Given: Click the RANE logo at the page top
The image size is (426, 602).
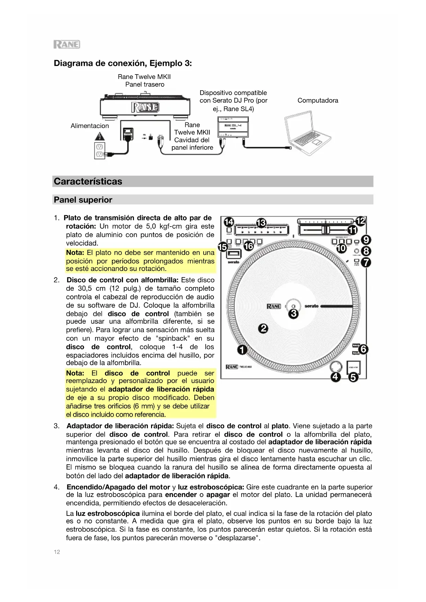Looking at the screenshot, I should point(67,44).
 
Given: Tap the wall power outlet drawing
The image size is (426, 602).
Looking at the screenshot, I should point(99,150).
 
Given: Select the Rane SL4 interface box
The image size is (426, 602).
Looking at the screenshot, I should point(233,128).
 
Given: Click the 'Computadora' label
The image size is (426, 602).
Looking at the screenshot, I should point(318,101).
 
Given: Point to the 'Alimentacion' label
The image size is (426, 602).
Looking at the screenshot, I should point(90,126).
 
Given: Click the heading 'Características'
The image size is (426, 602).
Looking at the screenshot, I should point(88,181).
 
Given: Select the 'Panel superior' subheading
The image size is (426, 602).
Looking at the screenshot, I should point(83,200).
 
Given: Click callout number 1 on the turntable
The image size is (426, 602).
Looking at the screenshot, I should point(242,350).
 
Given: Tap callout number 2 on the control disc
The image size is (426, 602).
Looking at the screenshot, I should point(263,328).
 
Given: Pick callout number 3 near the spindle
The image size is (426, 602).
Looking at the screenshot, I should point(293,313).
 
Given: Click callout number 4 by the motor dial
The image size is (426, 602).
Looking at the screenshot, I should point(335,377).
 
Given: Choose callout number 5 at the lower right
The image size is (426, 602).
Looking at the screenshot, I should point(353,378).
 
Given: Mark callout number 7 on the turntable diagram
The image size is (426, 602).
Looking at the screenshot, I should point(366,263).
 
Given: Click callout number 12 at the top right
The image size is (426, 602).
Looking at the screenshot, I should point(361,221).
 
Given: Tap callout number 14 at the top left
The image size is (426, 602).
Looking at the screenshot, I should point(229,222).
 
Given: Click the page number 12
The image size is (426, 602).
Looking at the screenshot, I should point(57,552).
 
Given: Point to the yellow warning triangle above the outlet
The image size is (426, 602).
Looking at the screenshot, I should point(100,136).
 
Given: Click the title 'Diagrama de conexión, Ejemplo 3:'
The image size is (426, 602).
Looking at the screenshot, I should point(123,63).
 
